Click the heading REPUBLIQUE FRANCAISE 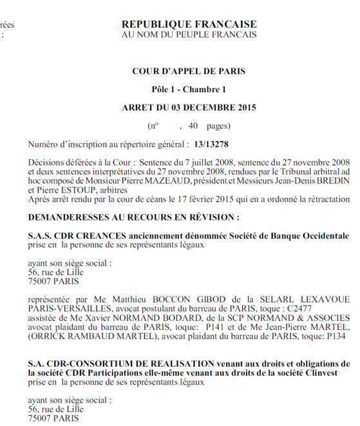[187, 24]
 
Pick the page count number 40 [194, 125]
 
